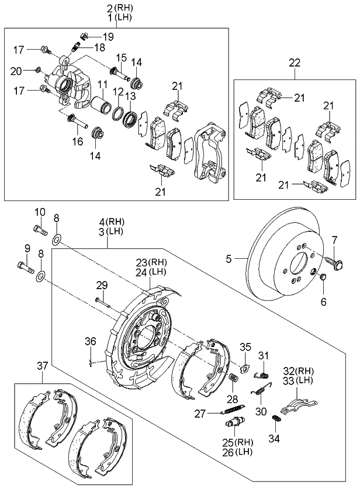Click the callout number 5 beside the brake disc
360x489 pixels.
pos(229,258)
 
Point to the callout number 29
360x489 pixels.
pos(102,285)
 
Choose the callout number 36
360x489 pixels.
pos(90,341)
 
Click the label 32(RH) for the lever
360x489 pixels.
pos(298,370)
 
